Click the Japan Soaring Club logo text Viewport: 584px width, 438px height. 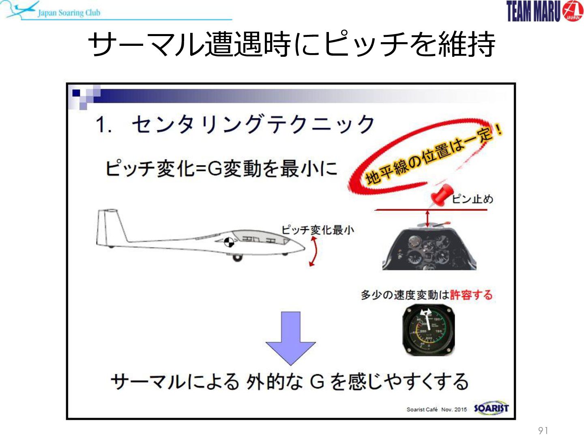[69, 13]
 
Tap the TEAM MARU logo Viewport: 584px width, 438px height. [545, 11]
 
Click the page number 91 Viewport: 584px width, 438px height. [543, 430]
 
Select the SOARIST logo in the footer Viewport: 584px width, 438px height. [491, 408]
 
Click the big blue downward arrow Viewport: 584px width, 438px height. [290, 338]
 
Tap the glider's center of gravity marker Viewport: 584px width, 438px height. [229, 242]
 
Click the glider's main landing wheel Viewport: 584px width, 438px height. [237, 258]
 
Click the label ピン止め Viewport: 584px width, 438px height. [472, 199]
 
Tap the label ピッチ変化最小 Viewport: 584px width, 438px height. [318, 230]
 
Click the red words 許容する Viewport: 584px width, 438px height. [471, 295]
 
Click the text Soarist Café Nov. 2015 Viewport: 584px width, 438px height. [437, 410]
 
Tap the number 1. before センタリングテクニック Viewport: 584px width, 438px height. [103, 124]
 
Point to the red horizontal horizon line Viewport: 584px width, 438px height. [430, 210]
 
